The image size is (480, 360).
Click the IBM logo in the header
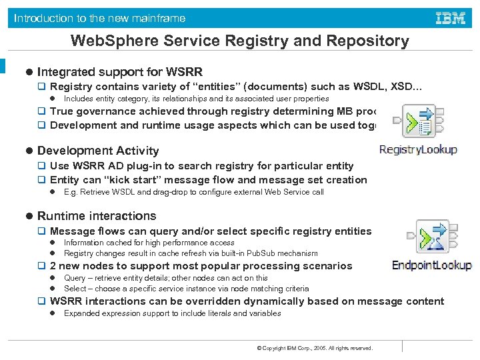click(x=451, y=18)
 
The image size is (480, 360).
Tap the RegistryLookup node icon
click(x=418, y=120)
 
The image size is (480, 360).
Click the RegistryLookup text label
click(x=418, y=150)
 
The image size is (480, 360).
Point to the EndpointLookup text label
click(x=431, y=265)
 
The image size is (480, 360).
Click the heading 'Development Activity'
click(x=98, y=151)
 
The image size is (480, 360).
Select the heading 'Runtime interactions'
click(x=97, y=216)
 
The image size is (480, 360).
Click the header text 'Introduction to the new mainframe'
click(x=100, y=18)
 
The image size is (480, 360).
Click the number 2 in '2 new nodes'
click(x=53, y=266)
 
